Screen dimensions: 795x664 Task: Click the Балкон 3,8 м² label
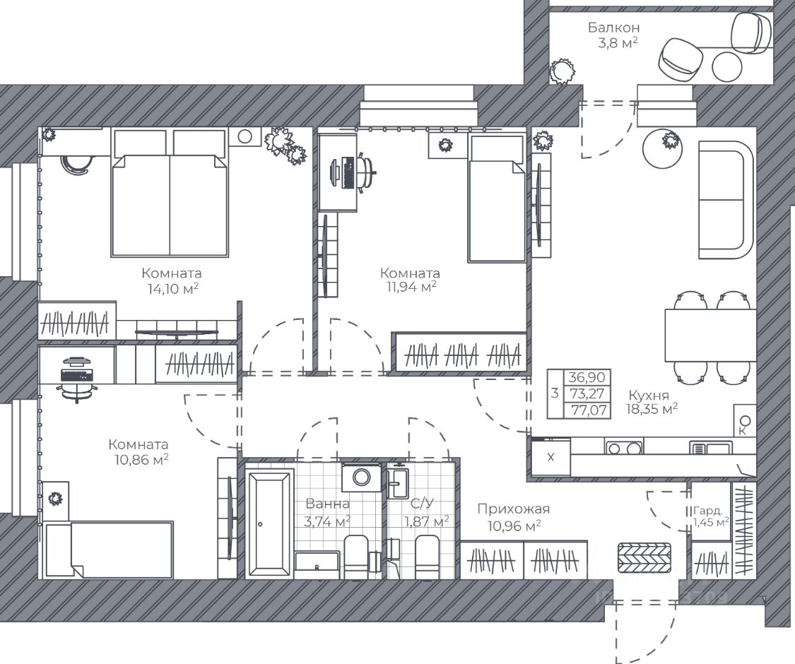613,35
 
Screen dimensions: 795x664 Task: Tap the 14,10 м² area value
172,289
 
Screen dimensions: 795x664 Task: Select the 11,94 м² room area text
411,287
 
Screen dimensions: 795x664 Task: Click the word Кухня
649,395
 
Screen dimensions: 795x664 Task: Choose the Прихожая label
514,509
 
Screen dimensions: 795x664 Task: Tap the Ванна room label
327,504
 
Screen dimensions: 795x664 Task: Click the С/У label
422,504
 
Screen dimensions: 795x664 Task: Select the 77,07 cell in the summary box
588,410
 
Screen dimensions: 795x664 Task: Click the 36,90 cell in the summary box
587,377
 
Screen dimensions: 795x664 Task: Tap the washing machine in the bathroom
361,477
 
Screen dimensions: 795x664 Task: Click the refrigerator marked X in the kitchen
550,457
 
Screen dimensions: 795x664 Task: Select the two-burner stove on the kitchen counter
623,447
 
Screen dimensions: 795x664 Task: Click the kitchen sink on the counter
711,448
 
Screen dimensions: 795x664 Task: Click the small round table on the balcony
726,66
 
